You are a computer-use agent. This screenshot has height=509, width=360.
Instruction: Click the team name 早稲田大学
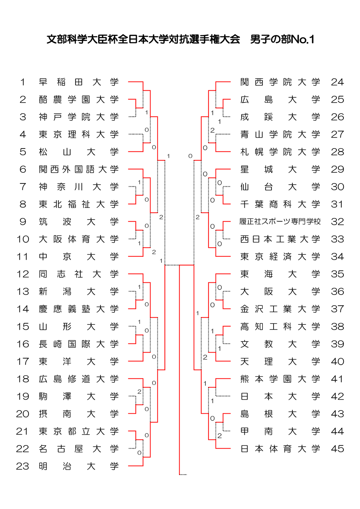[78, 82]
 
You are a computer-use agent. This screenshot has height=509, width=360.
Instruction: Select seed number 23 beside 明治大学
[22, 466]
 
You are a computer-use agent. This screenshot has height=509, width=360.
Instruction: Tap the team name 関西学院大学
[280, 82]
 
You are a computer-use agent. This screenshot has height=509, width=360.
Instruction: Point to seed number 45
[337, 449]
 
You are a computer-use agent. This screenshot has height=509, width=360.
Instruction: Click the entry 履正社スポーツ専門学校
[280, 222]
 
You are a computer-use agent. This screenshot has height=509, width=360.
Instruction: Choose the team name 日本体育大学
[280, 449]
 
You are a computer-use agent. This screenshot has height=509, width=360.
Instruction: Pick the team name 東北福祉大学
[78, 204]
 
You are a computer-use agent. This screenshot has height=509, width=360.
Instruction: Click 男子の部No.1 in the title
[282, 39]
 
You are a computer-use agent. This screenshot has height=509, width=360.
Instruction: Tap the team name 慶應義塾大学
[78, 309]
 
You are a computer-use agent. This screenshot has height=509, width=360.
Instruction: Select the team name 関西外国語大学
[78, 169]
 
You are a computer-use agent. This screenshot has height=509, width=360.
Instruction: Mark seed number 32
[337, 222]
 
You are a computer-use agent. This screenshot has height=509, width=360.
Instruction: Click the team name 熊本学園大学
[280, 379]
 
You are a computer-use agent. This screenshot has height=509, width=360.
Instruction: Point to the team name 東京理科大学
[78, 135]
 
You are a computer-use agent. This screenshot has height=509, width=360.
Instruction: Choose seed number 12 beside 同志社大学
[22, 274]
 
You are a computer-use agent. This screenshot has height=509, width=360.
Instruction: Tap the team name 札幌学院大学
[280, 152]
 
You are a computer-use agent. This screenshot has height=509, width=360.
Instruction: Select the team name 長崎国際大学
[78, 344]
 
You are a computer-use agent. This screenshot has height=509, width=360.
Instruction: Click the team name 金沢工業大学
[280, 309]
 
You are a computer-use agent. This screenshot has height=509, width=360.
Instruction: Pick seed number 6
[23, 169]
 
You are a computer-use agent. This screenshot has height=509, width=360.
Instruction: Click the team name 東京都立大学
[78, 431]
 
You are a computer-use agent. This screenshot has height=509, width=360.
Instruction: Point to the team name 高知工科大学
[280, 327]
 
